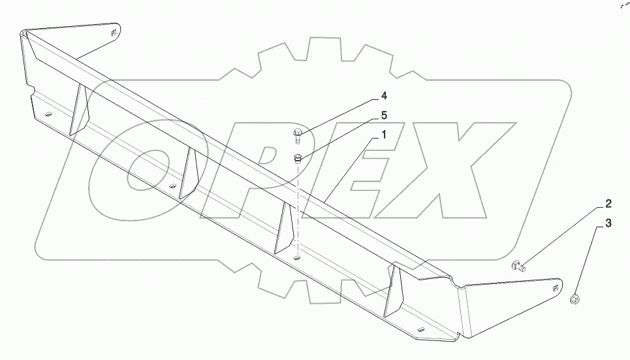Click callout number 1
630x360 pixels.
384,136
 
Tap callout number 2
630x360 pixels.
607,203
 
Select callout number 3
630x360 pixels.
608,224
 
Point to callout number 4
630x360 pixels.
384,96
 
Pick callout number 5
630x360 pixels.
384,116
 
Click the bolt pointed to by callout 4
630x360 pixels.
298,136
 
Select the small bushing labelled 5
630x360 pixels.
298,157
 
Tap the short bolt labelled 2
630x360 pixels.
519,265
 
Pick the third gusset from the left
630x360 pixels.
285,227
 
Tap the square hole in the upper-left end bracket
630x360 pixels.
113,32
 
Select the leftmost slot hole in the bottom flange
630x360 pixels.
48,116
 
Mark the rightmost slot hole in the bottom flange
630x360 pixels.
421,329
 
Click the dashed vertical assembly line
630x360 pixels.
298,209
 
